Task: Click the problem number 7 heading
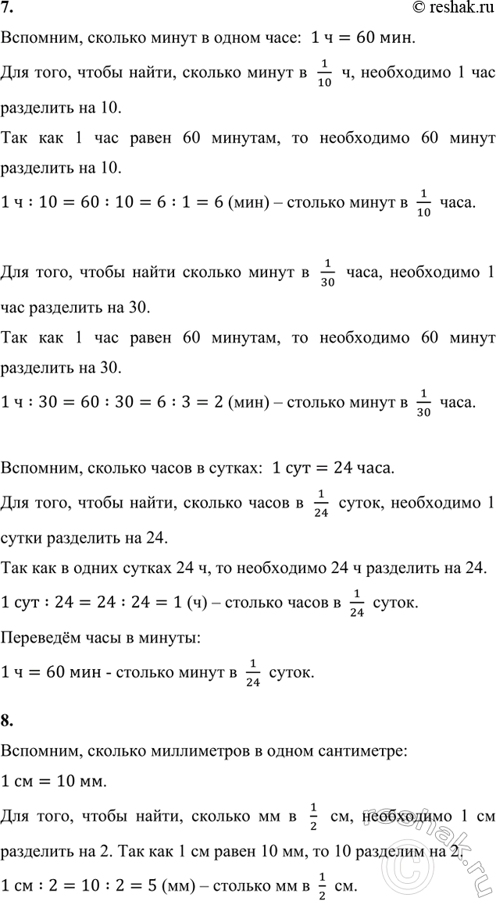pyautogui.click(x=8, y=9)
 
